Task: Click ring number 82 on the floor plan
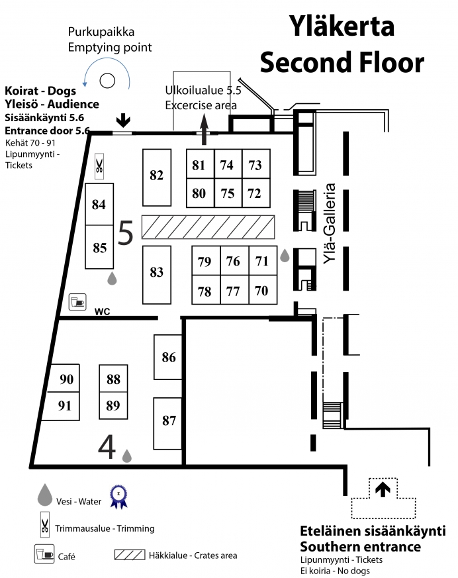coord(157,177)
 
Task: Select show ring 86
coord(168,357)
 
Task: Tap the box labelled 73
coord(256,164)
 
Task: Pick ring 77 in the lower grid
coord(235,290)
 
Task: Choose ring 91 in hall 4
coord(64,406)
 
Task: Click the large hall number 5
coord(125,233)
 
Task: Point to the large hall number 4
coord(107,447)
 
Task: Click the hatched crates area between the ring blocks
coord(208,227)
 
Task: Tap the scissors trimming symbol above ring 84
coord(99,166)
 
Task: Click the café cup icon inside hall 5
coord(77,302)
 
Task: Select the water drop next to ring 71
coord(285,256)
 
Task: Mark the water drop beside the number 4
coord(127,456)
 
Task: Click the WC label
coord(102,312)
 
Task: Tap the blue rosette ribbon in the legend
coord(118,497)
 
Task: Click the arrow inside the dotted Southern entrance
coord(383,489)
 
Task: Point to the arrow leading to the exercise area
coord(204,129)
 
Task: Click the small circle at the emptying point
coord(108,80)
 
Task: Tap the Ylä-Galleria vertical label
coord(330,224)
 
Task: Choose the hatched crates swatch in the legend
coord(129,555)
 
